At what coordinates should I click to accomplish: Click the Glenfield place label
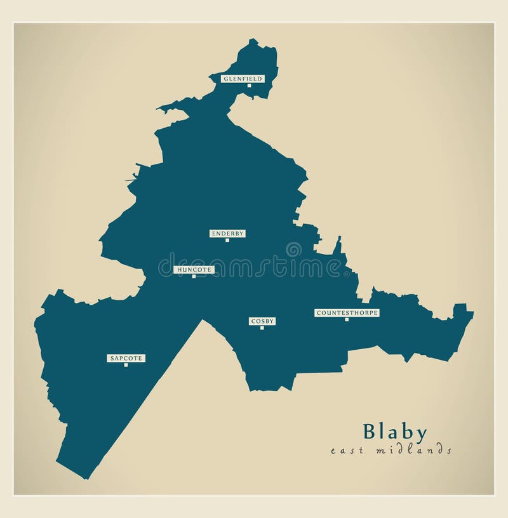pyautogui.click(x=242, y=79)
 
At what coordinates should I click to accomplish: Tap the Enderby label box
pyautogui.click(x=227, y=234)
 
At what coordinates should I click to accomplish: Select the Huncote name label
pyautogui.click(x=194, y=270)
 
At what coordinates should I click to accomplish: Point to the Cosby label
pyautogui.click(x=262, y=321)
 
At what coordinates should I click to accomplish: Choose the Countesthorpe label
pyautogui.click(x=347, y=313)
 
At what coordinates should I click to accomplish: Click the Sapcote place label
pyautogui.click(x=126, y=358)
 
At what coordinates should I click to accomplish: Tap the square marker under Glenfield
pyautogui.click(x=249, y=85)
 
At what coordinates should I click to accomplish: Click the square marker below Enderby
pyautogui.click(x=227, y=240)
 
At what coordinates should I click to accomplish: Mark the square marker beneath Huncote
pyautogui.click(x=194, y=276)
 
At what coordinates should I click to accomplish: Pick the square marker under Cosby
pyautogui.click(x=262, y=328)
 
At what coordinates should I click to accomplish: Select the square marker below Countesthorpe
pyautogui.click(x=347, y=319)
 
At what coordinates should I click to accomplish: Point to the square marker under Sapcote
pyautogui.click(x=126, y=364)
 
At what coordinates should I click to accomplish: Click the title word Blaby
pyautogui.click(x=394, y=432)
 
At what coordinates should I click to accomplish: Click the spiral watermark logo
pyautogui.click(x=294, y=249)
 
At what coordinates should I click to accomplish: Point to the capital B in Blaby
pyautogui.click(x=370, y=432)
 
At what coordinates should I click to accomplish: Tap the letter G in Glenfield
pyautogui.click(x=224, y=79)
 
